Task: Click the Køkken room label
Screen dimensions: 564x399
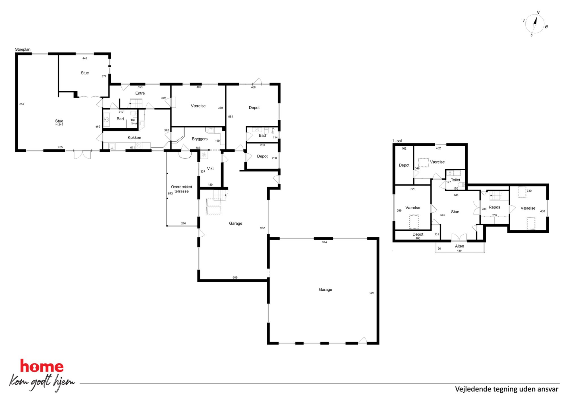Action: (134, 138)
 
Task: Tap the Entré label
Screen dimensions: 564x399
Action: (140, 93)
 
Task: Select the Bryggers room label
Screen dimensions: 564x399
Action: (200, 139)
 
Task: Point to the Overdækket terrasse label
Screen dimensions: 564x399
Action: (181, 189)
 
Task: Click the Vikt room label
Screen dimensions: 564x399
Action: (210, 169)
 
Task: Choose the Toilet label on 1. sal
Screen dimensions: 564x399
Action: (455, 180)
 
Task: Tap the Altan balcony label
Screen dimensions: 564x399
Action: (459, 246)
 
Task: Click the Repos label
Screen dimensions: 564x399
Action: (494, 207)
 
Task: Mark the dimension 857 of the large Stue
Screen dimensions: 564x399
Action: (22, 104)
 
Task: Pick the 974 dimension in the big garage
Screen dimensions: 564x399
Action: (324, 242)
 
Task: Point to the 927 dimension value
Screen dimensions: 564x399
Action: (372, 293)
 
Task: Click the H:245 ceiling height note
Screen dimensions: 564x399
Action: (59, 125)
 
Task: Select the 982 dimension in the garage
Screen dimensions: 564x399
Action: (262, 228)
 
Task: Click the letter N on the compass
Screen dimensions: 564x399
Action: (538, 13)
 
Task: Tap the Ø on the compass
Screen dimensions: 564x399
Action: (546, 27)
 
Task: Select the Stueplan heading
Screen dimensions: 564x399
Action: (23, 49)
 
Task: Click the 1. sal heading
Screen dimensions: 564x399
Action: (397, 141)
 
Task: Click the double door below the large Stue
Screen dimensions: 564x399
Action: (82, 154)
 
